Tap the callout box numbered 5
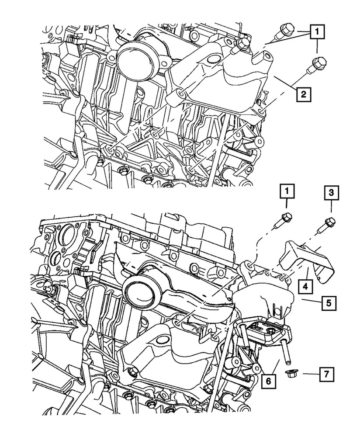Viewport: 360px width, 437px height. [329, 302]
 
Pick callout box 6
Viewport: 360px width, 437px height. [268, 381]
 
